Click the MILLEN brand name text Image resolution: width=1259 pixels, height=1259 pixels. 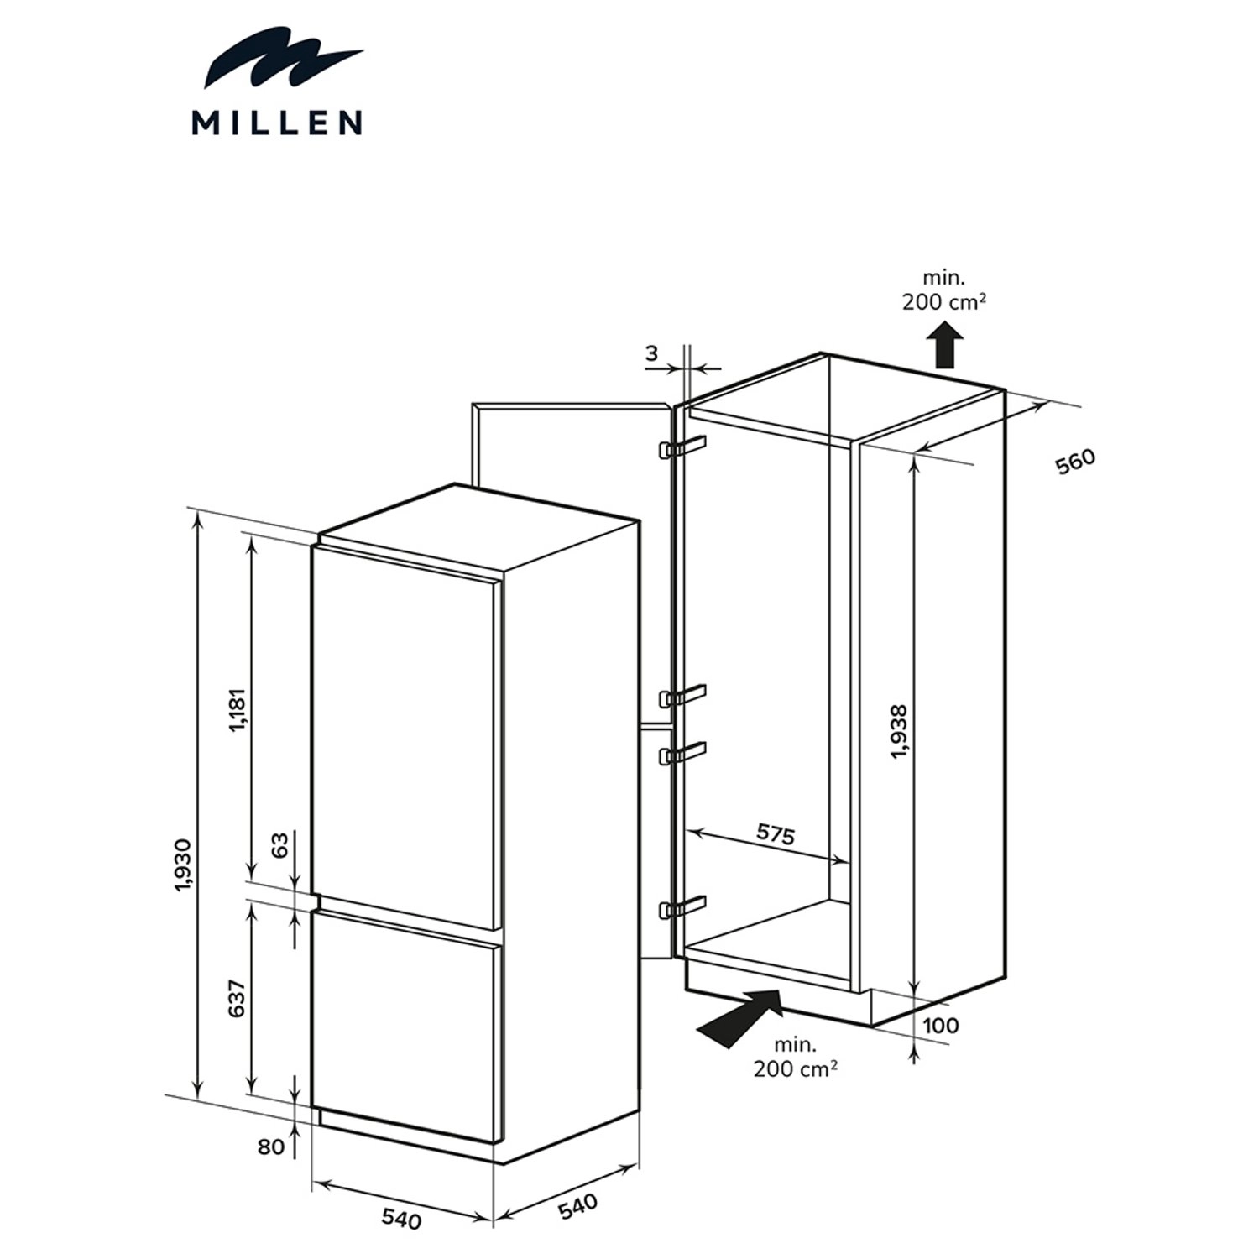click(277, 123)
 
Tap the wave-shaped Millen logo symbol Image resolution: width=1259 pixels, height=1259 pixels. click(284, 59)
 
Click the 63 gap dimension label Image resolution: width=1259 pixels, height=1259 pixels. click(280, 844)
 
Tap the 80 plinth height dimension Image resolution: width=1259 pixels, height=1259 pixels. click(271, 1146)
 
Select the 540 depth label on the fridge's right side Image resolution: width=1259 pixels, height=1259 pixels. click(578, 1206)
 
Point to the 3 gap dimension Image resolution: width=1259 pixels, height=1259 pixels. click(652, 353)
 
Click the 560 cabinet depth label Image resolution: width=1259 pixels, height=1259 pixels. click(1076, 462)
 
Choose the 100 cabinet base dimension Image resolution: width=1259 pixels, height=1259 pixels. click(940, 1025)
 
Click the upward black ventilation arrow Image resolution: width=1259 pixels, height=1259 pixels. click(945, 345)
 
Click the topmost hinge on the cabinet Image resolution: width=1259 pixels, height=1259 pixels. click(683, 447)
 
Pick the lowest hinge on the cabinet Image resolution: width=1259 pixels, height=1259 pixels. click(682, 906)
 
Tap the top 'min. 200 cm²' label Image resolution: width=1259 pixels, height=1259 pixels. click(944, 290)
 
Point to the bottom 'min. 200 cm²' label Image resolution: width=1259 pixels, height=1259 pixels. click(795, 1057)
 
